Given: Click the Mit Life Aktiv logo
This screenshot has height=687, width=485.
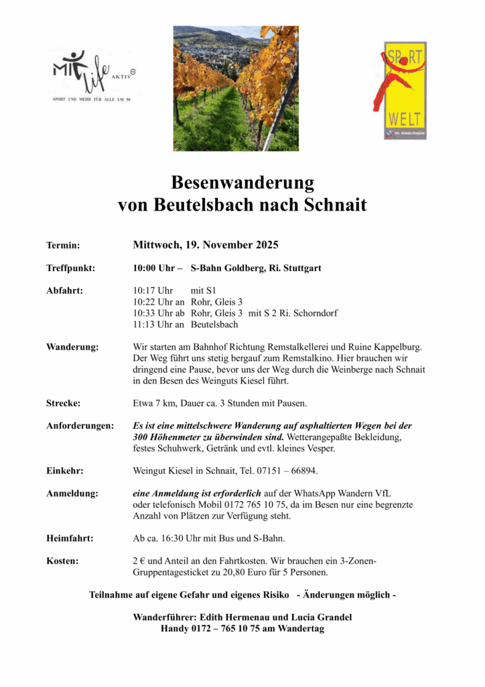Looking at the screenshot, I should click(x=93, y=76).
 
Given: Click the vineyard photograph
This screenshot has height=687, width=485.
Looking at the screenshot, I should click(x=236, y=88).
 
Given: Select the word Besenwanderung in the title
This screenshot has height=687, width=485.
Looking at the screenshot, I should click(x=242, y=182).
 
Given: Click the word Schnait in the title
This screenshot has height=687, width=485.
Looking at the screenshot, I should click(x=336, y=205).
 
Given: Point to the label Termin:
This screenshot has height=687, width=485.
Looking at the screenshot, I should click(x=63, y=246).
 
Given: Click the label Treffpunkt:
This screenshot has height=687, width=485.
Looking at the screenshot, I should click(x=70, y=268).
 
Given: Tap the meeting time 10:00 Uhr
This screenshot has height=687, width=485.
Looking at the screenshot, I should click(x=153, y=268).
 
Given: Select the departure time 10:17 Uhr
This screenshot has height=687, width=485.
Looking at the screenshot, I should click(x=153, y=290).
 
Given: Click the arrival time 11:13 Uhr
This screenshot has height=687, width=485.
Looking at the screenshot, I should click(x=153, y=325).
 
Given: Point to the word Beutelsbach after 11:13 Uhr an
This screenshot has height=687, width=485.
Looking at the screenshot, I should click(x=214, y=325).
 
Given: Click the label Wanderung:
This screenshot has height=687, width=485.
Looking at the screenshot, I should click(x=72, y=347).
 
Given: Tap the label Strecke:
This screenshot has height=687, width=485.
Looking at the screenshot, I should click(x=63, y=403).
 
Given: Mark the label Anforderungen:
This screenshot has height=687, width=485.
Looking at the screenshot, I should click(x=80, y=426).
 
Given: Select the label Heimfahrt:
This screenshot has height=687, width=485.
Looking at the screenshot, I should click(x=70, y=538).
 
